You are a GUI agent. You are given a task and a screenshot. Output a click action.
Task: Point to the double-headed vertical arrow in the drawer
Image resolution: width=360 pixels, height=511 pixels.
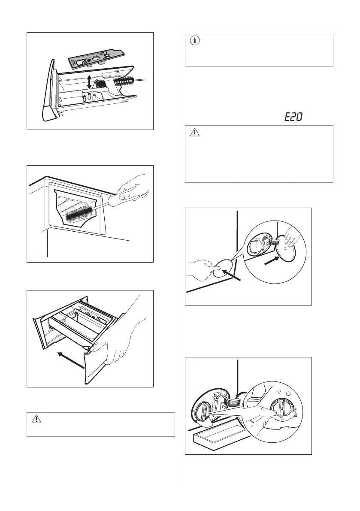pyautogui.click(x=88, y=81)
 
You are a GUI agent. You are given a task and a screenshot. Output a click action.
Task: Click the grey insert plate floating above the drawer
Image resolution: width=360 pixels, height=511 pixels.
pyautogui.click(x=95, y=58)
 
